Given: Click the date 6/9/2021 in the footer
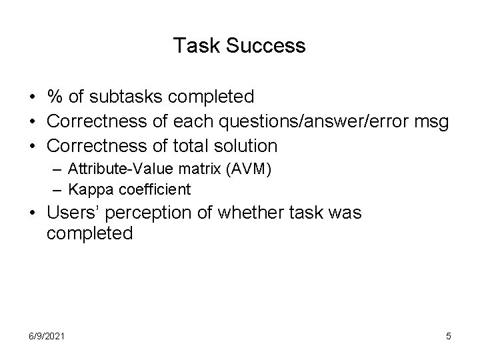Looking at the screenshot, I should (x=46, y=336).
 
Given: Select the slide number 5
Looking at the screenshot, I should (x=448, y=336).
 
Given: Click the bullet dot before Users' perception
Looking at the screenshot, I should (x=33, y=215).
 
